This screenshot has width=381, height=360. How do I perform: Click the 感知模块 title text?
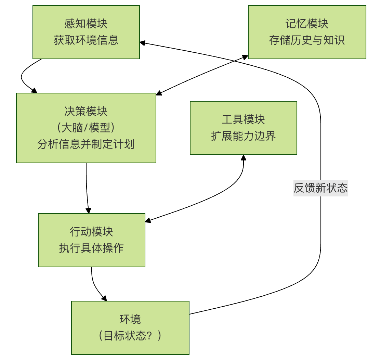click(86, 24)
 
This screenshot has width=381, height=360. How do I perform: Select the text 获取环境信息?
click(86, 40)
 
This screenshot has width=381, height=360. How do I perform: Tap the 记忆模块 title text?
click(307, 24)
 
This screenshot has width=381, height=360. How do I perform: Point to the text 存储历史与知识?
click(307, 40)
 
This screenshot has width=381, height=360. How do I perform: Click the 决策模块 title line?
click(86, 112)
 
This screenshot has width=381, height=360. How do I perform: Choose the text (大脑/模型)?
click(86, 128)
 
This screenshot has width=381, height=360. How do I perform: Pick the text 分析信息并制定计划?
click(86, 144)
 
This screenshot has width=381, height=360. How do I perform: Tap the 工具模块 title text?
click(243, 120)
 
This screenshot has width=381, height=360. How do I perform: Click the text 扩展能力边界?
click(243, 136)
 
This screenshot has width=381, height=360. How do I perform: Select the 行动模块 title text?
click(91, 232)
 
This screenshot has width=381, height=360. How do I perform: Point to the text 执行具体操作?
click(91, 248)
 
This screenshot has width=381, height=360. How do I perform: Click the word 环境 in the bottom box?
click(130, 320)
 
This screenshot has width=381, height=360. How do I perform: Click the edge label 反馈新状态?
click(320, 188)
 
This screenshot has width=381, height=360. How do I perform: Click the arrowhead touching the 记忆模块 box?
click(245, 57)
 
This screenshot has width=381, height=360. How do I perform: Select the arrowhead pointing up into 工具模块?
click(243, 157)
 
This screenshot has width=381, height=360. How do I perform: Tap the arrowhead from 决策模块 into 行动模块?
click(89, 211)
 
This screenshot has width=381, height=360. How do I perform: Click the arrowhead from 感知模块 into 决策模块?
click(34, 91)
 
